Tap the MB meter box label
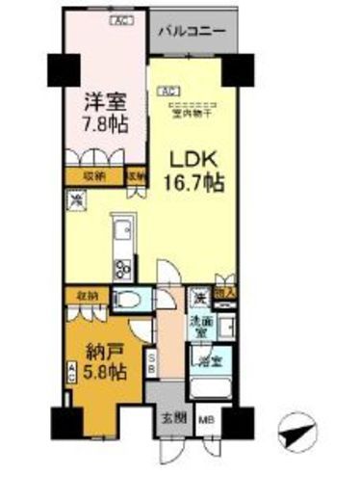(x=206, y=418)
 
